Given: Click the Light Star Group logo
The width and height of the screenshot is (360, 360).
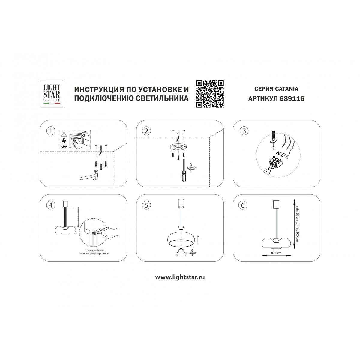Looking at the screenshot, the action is (x=51, y=94).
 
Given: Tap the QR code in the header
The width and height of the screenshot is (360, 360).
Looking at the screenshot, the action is (x=210, y=94).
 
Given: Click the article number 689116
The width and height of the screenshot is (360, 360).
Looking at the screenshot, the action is (x=292, y=98).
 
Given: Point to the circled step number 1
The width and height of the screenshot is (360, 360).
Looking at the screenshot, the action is (x=50, y=131).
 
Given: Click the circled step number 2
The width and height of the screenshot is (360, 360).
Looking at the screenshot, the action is (x=146, y=131).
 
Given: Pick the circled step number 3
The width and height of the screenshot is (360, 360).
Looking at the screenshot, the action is (x=244, y=131).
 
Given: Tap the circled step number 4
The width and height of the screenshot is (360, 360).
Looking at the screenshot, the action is (x=50, y=205).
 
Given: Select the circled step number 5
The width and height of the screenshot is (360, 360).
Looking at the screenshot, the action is (x=146, y=205).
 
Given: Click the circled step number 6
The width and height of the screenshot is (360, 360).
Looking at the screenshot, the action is (x=243, y=205).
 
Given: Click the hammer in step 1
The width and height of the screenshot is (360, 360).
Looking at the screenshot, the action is (x=90, y=176).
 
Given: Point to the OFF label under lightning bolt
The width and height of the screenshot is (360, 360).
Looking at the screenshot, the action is (x=64, y=147).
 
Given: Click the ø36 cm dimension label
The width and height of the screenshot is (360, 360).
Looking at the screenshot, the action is (x=276, y=253).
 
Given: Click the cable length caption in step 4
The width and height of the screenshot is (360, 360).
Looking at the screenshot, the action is (x=94, y=252).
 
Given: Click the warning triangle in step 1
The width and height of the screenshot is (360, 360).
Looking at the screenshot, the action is (x=64, y=134).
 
